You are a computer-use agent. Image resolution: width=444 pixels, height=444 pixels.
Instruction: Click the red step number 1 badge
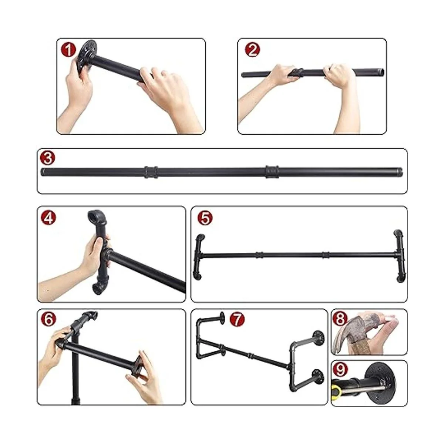pyautogui.click(x=68, y=50)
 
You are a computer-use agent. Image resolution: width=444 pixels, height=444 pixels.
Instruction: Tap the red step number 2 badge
pyautogui.click(x=253, y=50)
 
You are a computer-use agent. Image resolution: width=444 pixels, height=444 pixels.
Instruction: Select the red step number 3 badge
pyautogui.click(x=47, y=158)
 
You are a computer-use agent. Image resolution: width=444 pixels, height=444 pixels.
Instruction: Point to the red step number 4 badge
pyautogui.click(x=48, y=218)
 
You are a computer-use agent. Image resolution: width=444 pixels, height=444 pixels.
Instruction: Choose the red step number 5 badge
pyautogui.click(x=205, y=218)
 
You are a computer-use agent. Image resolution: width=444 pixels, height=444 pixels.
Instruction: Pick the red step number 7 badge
pyautogui.click(x=237, y=319)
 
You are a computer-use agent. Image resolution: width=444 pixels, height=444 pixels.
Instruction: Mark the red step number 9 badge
pyautogui.click(x=340, y=369)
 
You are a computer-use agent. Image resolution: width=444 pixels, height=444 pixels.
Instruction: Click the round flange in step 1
pyautogui.click(x=87, y=57)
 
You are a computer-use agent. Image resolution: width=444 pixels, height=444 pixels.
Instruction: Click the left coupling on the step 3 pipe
pyautogui.click(x=151, y=172)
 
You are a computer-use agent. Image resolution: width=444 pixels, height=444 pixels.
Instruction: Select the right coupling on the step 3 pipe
pyautogui.click(x=272, y=172)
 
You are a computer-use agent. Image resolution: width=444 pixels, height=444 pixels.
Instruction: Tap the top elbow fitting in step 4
pyautogui.click(x=97, y=218)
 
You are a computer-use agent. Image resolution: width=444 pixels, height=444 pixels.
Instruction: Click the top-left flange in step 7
pyautogui.click(x=223, y=318)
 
